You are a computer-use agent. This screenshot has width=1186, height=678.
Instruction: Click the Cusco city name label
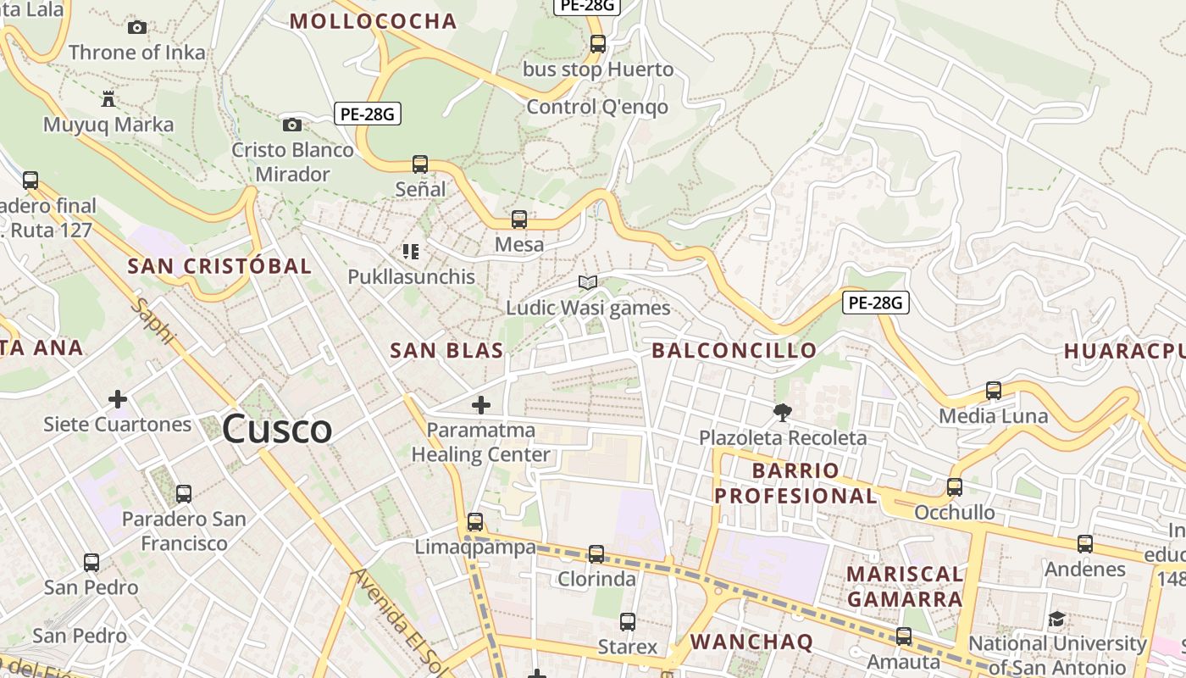276,430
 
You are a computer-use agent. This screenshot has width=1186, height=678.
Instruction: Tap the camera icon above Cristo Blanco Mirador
292,125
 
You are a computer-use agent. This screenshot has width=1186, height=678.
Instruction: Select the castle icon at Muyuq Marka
108,99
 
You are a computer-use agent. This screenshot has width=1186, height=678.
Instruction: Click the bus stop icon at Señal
420,164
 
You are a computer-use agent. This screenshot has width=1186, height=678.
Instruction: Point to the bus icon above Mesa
519,220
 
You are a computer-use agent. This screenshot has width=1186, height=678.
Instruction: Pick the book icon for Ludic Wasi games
588,282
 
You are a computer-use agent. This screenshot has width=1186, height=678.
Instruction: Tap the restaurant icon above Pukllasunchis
411,251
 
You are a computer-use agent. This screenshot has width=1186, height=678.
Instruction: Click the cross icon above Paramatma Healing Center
480,405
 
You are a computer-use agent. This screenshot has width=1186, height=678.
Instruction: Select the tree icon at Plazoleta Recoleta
782,413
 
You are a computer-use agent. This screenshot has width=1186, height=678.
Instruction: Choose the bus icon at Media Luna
994,391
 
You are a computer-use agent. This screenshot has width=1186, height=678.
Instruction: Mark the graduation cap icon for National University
1056,620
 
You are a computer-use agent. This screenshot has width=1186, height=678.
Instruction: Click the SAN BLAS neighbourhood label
446,350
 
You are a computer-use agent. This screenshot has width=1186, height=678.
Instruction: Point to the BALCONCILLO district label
734,350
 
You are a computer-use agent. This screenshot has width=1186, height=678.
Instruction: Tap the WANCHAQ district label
751,642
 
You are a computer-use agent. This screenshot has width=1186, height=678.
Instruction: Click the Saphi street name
153,320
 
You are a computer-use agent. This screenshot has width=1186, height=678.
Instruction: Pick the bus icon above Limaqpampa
475,521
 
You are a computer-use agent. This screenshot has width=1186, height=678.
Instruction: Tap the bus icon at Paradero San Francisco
184,493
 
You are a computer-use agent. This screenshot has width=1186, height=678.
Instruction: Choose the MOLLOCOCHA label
373,21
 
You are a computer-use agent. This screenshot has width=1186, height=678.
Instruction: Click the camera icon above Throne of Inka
137,27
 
